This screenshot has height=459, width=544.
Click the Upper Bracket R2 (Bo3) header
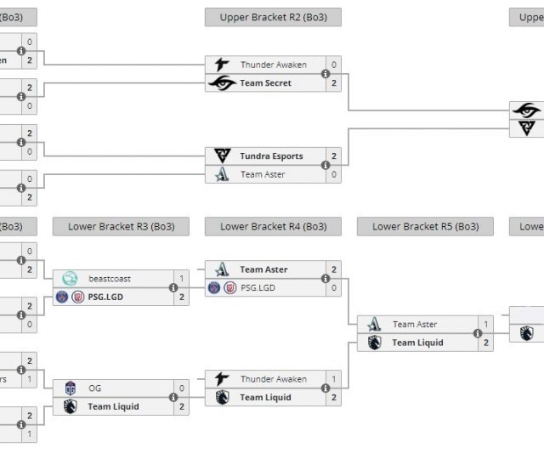coord(273,17)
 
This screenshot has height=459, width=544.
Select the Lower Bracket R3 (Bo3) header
coord(121,227)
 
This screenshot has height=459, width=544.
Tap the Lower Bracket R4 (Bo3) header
coord(273,227)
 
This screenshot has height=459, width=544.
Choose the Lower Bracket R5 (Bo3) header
coord(425,227)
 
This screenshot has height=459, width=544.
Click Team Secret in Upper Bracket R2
coord(265,83)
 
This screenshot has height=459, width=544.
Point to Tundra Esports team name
coord(271,156)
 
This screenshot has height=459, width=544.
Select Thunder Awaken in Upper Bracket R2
coord(273,65)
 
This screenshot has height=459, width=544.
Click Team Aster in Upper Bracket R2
coord(263,174)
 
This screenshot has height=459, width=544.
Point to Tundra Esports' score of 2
coord(334,156)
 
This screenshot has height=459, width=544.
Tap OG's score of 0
coord(181,388)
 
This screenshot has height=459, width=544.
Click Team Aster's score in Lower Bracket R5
coord(486,325)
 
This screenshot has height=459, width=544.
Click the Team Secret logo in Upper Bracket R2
coord(222,83)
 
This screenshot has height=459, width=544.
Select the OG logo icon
coord(71,388)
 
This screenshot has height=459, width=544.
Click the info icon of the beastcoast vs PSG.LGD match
coord(173,287)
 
